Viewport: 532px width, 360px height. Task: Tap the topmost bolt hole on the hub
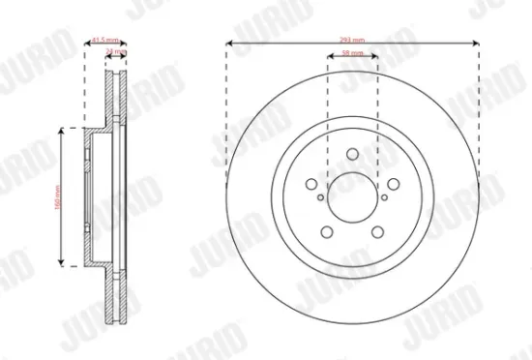point(352,152)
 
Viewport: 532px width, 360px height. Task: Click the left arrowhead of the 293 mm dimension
point(228,43)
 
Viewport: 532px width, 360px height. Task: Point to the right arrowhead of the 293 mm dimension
point(478,43)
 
